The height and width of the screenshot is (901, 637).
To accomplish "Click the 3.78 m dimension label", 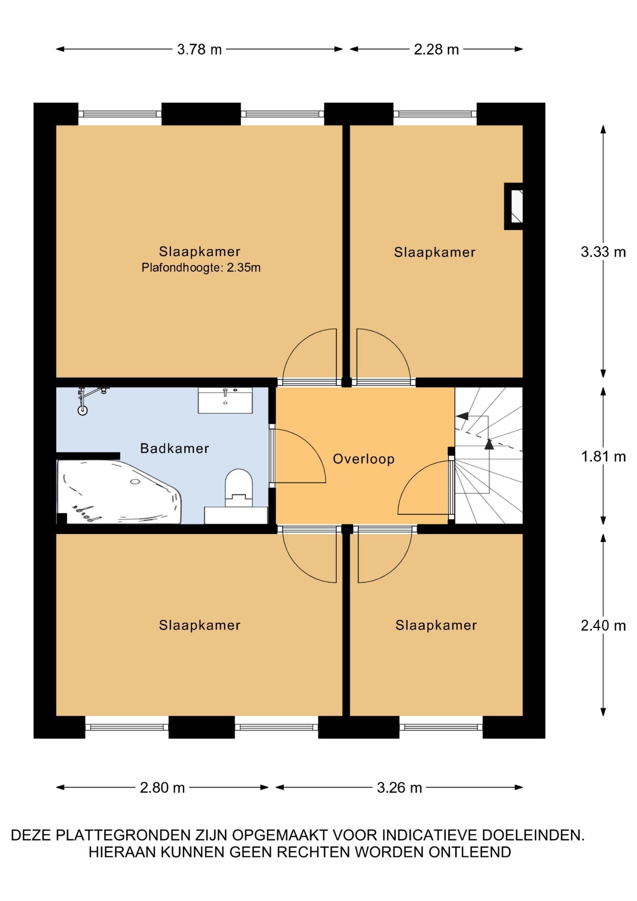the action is (199, 49).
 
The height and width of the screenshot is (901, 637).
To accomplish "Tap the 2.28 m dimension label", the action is (436, 49).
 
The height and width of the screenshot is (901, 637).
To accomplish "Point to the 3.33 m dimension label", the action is (603, 252).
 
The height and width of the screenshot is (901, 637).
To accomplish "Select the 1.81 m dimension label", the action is (603, 456).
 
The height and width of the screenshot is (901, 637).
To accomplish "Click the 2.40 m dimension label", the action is (603, 625).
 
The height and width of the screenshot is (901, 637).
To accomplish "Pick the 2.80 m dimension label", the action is (162, 787).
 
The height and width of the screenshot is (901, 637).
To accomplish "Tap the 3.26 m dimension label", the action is (399, 787).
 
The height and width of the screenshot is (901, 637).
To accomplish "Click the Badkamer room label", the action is (174, 448).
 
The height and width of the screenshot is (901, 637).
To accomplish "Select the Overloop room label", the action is (364, 458).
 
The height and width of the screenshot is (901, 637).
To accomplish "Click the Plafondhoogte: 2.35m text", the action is (201, 267).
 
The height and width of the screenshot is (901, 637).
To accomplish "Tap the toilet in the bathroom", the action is (239, 488).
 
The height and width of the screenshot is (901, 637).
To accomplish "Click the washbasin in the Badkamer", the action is (225, 400).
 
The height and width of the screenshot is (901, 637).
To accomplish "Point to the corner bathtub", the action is (119, 492).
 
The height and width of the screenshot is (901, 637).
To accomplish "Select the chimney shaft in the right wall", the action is (514, 206).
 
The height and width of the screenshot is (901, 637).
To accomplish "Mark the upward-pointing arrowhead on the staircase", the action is (489, 444).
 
